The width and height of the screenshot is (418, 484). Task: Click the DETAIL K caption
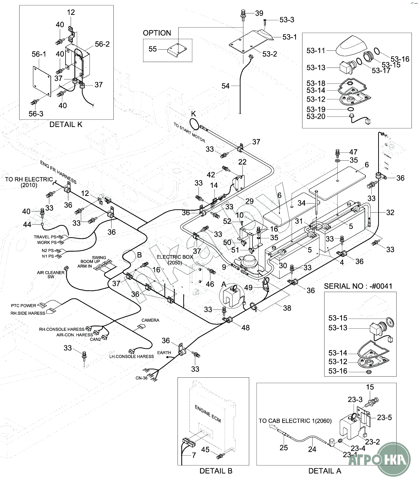[x=66, y=124]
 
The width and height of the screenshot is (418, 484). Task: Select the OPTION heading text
[x=157, y=33]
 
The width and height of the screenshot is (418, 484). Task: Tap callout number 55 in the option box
[x=152, y=49]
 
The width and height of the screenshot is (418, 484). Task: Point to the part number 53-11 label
[x=316, y=51]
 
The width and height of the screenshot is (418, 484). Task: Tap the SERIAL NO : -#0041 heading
[x=358, y=286]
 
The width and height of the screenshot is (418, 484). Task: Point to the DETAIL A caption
[x=325, y=471]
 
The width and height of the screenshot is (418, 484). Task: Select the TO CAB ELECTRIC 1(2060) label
[x=295, y=421]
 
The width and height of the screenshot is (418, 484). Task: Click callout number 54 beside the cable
[x=226, y=86]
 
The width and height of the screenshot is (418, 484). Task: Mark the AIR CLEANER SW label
[x=50, y=275]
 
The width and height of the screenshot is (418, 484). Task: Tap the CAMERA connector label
[x=150, y=320]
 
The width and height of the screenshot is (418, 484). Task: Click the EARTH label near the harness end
[x=164, y=353]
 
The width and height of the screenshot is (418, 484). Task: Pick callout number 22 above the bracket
[x=242, y=162]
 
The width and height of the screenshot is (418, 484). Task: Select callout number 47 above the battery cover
[x=353, y=152]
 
